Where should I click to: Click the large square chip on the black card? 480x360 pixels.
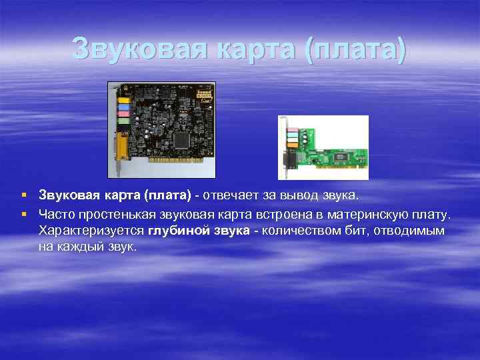click(x=181, y=139)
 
